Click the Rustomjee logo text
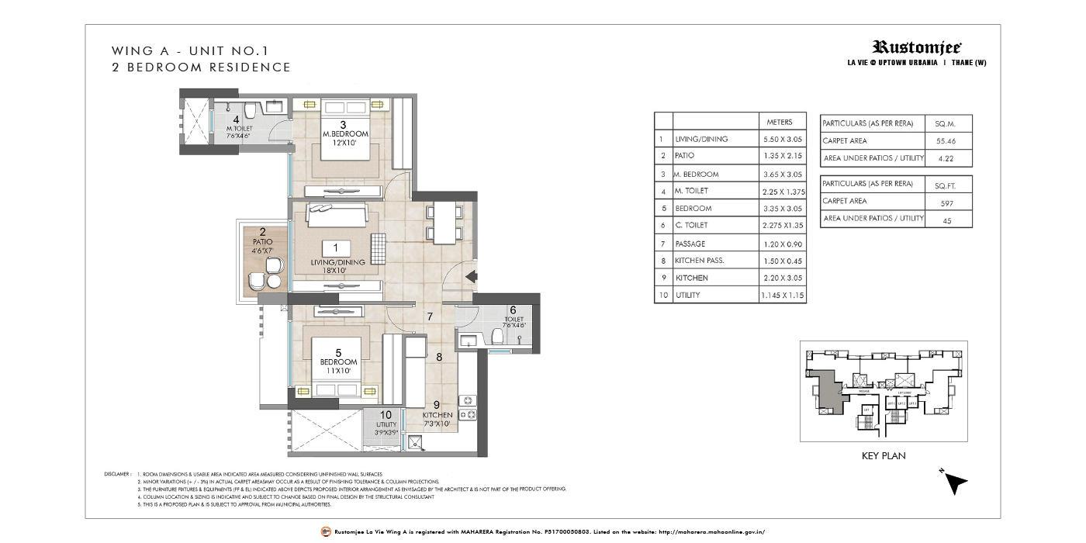pyautogui.click(x=917, y=47)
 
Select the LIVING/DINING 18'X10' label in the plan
pyautogui.click(x=335, y=257)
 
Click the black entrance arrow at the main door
pyautogui.click(x=469, y=275)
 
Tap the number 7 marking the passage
pyautogui.click(x=429, y=317)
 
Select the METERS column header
pyautogui.click(x=779, y=122)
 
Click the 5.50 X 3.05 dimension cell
pyautogui.click(x=781, y=140)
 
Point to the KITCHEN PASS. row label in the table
pyautogui.click(x=699, y=261)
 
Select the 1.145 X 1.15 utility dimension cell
pyautogui.click(x=781, y=296)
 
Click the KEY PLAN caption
pyautogui.click(x=884, y=455)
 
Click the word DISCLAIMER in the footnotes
pyautogui.click(x=117, y=473)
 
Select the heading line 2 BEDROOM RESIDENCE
pyautogui.click(x=201, y=67)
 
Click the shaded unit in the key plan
pyautogui.click(x=828, y=385)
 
